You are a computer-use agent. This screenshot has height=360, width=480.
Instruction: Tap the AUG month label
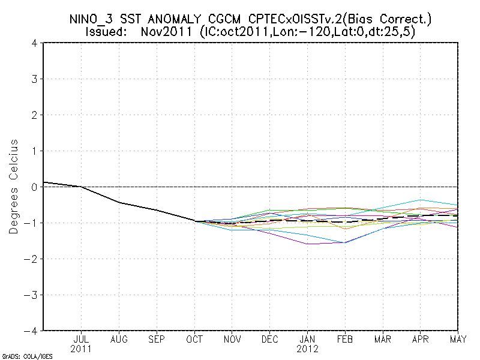(x=119, y=340)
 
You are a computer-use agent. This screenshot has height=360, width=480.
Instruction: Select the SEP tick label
(x=157, y=340)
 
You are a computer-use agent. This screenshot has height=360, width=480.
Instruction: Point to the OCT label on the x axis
(x=194, y=340)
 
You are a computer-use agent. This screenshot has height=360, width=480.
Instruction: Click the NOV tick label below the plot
(x=232, y=340)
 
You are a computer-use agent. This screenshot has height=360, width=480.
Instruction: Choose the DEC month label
(x=270, y=340)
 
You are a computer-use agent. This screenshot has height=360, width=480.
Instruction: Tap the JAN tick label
(x=308, y=340)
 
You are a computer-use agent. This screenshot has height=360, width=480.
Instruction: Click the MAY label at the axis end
(x=459, y=340)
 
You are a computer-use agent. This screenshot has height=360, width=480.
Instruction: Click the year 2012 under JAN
(x=308, y=349)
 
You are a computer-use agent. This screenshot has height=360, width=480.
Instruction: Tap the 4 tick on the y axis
(x=35, y=43)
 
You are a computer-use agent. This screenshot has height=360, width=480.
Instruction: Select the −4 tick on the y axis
(x=33, y=331)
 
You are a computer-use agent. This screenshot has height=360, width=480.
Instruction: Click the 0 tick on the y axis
(x=35, y=187)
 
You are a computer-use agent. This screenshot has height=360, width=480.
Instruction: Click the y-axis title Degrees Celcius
(x=14, y=187)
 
